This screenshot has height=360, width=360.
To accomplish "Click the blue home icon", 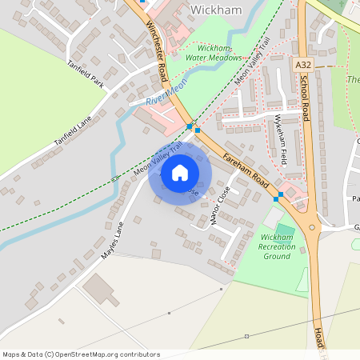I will pos(180,173).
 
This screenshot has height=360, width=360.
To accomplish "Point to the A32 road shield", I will pos(302,64).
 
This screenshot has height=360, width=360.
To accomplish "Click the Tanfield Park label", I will pos(86,74).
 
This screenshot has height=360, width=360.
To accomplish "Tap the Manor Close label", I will pos(216,206).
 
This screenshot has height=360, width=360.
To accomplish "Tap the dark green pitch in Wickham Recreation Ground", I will pos(285,230).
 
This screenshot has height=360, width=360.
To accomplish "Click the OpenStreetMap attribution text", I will pos(80,354).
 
